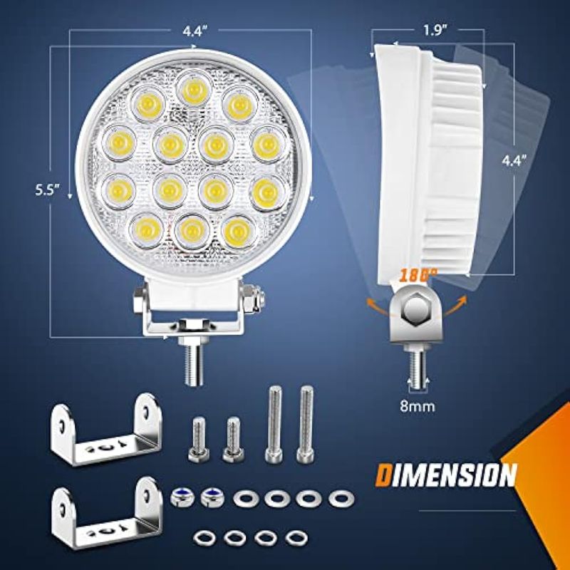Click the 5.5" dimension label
(x=47, y=190)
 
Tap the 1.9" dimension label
(x=435, y=31)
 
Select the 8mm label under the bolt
(x=418, y=406)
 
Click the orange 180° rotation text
(x=415, y=276)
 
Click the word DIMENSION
(x=446, y=475)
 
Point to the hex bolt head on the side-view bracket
(x=416, y=309)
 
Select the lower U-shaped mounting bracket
(x=106, y=513)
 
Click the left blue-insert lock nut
(x=182, y=497)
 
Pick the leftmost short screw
(x=199, y=440)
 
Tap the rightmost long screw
(x=306, y=424)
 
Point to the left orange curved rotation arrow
(x=377, y=306)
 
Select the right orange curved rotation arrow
(x=455, y=305)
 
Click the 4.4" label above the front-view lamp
(x=195, y=31)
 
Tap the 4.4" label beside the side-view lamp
(x=514, y=160)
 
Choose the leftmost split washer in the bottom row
(x=204, y=537)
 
